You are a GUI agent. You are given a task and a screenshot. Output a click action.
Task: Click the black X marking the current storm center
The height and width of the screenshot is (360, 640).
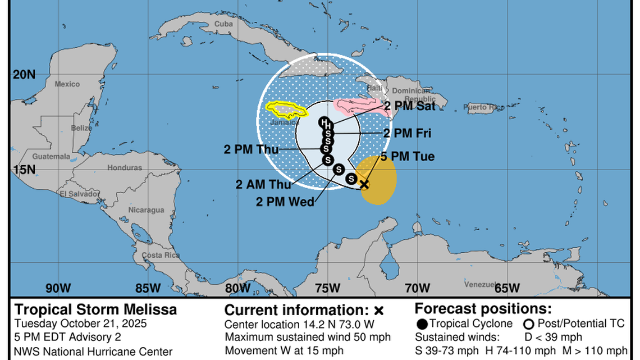click(364, 184)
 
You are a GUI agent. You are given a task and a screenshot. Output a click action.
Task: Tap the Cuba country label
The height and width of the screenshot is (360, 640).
click(223, 24)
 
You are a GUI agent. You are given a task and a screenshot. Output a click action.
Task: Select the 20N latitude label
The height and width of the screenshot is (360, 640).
click(24, 74)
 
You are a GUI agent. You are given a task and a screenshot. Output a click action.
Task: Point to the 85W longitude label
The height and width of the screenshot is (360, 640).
click(147, 288)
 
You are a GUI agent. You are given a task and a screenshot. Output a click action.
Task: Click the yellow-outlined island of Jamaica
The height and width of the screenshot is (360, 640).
click(286, 108)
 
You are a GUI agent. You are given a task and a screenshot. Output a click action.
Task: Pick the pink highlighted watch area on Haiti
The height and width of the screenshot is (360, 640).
click(359, 106)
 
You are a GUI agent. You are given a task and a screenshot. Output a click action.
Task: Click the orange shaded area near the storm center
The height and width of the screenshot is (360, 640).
click(379, 180)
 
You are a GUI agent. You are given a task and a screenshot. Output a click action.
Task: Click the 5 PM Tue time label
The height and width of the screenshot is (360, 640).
click(407, 157)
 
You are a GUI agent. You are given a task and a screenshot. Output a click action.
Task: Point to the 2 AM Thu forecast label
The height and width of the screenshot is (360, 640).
click(263, 184)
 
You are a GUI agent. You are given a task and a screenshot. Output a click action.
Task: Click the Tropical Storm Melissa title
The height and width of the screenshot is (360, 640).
click(95, 309)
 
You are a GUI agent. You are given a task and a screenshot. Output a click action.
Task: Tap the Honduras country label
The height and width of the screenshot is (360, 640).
click(125, 168)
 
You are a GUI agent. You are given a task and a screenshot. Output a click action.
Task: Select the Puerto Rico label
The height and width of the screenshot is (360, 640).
click(484, 107)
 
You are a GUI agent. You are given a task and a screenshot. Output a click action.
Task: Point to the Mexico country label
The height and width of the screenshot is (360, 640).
click(67, 84)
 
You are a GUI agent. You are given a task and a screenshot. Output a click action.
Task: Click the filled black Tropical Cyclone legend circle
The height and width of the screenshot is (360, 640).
click(422, 323)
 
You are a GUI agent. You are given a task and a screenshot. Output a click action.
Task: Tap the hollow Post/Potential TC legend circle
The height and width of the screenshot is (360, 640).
click(528, 323)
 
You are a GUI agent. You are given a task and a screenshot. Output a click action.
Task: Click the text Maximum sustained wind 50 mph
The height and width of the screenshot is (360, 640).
click(308, 337)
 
